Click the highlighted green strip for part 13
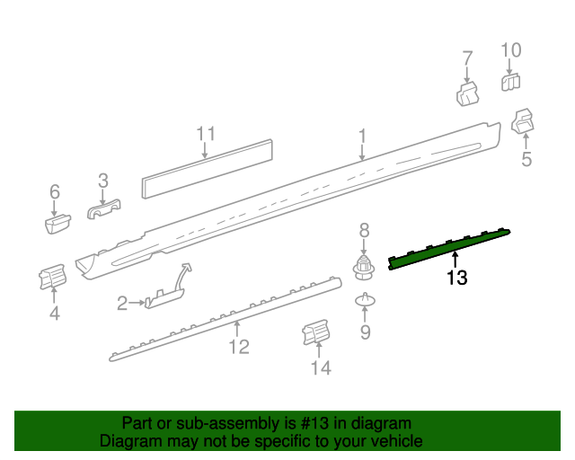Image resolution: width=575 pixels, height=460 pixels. point(449,248)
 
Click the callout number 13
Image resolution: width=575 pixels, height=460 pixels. point(456,279)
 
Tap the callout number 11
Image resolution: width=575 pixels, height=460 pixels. point(207,134)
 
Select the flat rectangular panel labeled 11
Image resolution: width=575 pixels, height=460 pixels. point(208,170)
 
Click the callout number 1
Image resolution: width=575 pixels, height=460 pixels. point(362,136)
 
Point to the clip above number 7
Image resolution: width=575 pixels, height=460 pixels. point(467,94)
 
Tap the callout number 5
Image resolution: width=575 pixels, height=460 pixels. point(526,160)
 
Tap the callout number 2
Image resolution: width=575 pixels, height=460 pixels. point(122,305)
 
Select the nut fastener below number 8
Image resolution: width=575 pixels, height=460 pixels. point(364,266)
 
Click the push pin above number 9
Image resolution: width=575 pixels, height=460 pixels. point(365,300)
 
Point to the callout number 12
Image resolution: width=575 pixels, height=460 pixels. point(238,346)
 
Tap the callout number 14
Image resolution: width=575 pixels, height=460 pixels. point(320,367)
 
